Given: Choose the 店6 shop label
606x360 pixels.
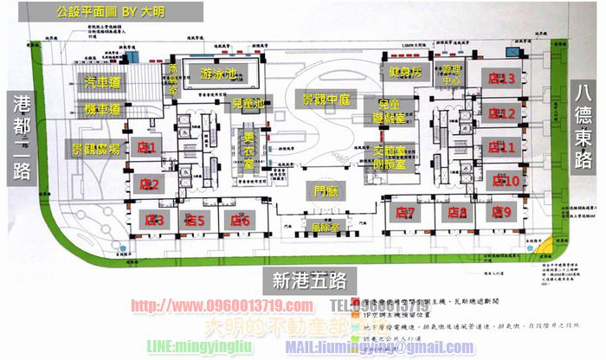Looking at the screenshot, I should (240, 220).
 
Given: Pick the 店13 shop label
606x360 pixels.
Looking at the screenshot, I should (501, 80).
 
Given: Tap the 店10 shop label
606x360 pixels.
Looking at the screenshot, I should (505, 181).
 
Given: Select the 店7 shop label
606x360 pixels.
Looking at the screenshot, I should (406, 212).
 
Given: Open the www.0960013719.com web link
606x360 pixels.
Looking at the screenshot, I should (222, 306).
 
